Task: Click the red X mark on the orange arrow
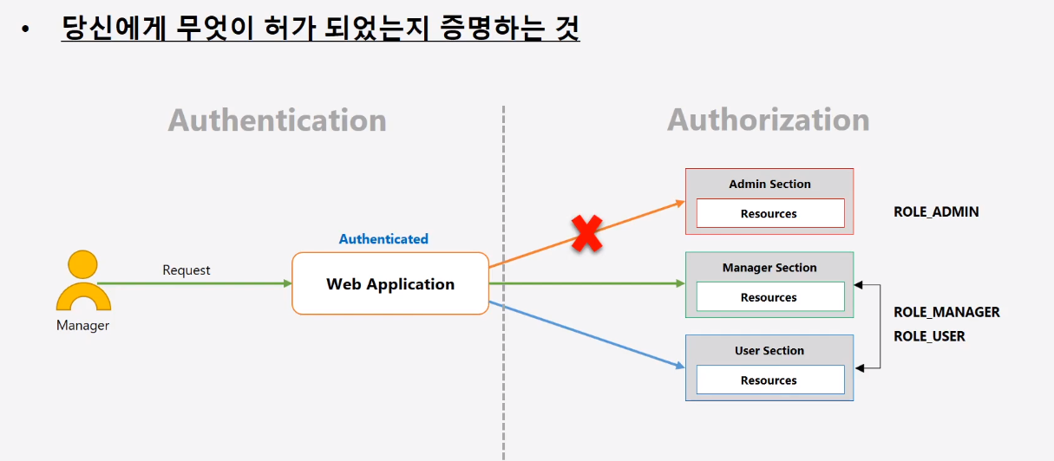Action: tap(586, 234)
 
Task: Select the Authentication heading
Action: tap(277, 120)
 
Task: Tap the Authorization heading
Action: tap(768, 120)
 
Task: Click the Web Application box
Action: tap(390, 283)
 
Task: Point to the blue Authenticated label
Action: tap(383, 239)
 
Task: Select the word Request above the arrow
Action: tap(187, 270)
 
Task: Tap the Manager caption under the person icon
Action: tap(83, 326)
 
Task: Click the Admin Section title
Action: tap(769, 184)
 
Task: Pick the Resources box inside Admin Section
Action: tap(769, 213)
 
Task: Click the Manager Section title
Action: tap(769, 268)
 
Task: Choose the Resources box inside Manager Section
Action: tap(769, 297)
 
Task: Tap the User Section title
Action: tap(769, 351)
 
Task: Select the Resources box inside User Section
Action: tap(769, 380)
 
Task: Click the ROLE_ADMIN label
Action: tap(936, 211)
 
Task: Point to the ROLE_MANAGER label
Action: tap(946, 312)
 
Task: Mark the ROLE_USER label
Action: tap(929, 336)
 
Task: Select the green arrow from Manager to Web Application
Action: tap(195, 283)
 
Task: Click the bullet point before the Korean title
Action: tap(26, 30)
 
